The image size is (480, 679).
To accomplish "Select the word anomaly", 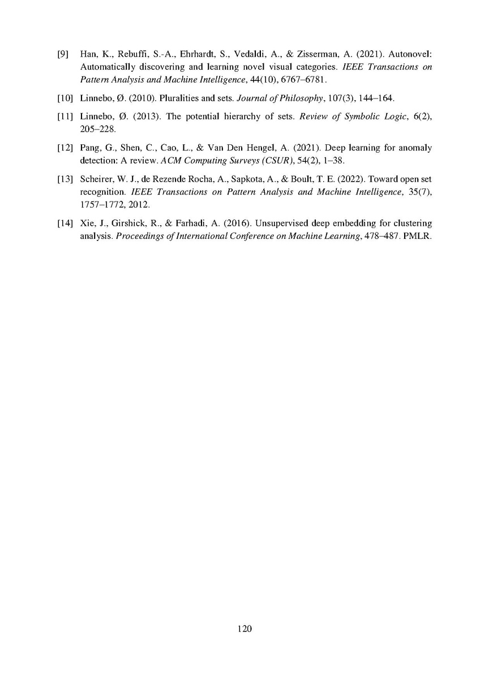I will click(416, 148).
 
